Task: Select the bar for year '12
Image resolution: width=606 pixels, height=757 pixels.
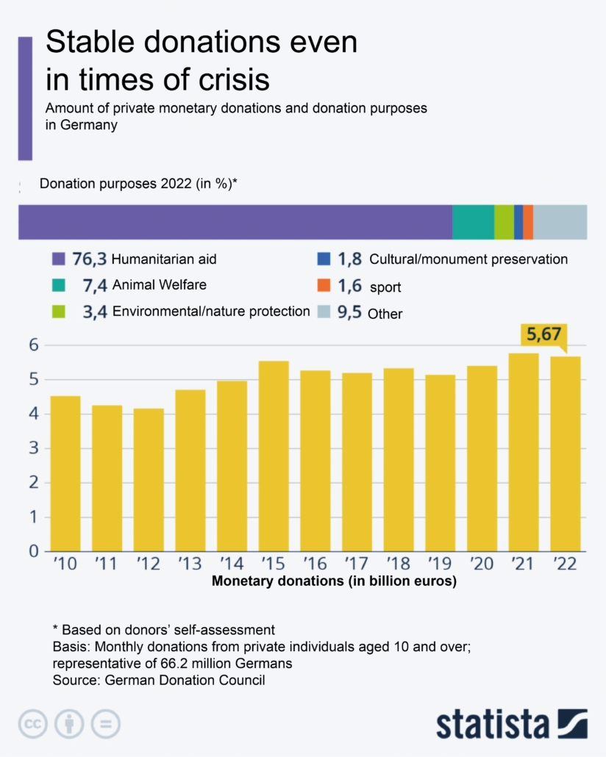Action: pos(149,479)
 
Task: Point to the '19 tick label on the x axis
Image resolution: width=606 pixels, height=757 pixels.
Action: pos(440,564)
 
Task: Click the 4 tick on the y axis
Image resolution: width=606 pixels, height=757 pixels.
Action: pos(33,414)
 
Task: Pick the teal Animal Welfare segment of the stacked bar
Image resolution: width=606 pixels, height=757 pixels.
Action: pos(473,222)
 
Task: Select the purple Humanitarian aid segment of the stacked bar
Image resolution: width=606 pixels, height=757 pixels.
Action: pos(235,222)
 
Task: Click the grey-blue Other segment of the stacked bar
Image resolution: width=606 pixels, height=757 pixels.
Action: pos(560,222)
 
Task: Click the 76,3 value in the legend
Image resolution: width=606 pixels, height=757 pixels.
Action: pos(90,259)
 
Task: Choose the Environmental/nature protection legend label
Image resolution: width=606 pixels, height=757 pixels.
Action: pos(211,312)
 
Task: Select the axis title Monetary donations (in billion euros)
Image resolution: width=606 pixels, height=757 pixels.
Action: pos(334,582)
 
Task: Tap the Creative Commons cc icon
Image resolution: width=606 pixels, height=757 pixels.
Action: pos(32,724)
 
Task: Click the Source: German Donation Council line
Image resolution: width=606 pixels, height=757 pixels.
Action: pos(158,681)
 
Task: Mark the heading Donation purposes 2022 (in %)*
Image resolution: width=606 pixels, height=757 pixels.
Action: pos(138,184)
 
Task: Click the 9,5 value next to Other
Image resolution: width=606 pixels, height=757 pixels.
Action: pos(349,313)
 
